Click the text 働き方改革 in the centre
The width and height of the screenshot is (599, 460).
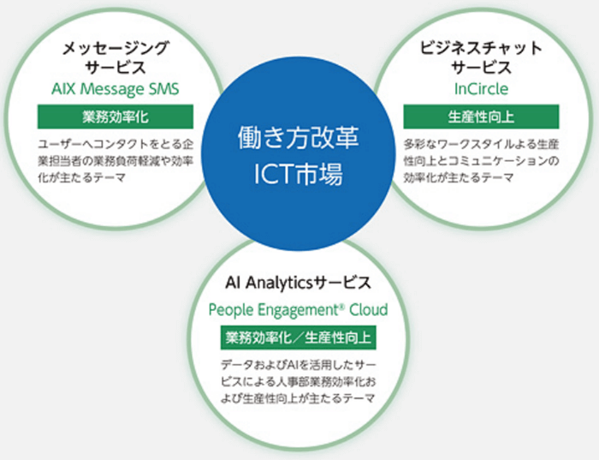pyautogui.click(x=299, y=138)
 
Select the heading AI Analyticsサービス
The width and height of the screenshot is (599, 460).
pyautogui.click(x=299, y=282)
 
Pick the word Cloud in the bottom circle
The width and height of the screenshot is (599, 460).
pyautogui.click(x=368, y=308)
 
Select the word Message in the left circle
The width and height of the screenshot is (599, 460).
pyautogui.click(x=115, y=88)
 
